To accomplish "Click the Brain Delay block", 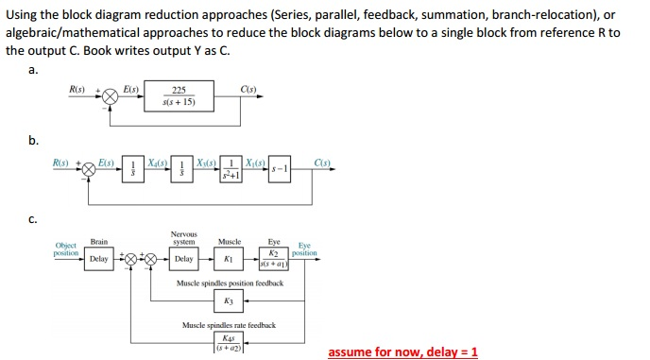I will [x=98, y=257].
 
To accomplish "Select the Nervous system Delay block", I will [x=184, y=257].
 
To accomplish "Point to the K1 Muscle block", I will [x=228, y=257].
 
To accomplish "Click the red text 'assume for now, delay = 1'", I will [x=402, y=351].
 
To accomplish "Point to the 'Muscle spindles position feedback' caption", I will [x=230, y=282].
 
